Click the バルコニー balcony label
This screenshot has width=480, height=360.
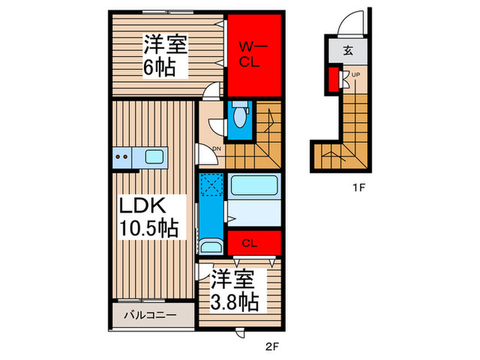click(x=150, y=316)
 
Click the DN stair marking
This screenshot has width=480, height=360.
click(x=216, y=149)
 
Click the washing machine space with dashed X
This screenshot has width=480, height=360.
click(x=211, y=185)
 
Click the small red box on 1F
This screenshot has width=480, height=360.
click(x=333, y=78)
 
